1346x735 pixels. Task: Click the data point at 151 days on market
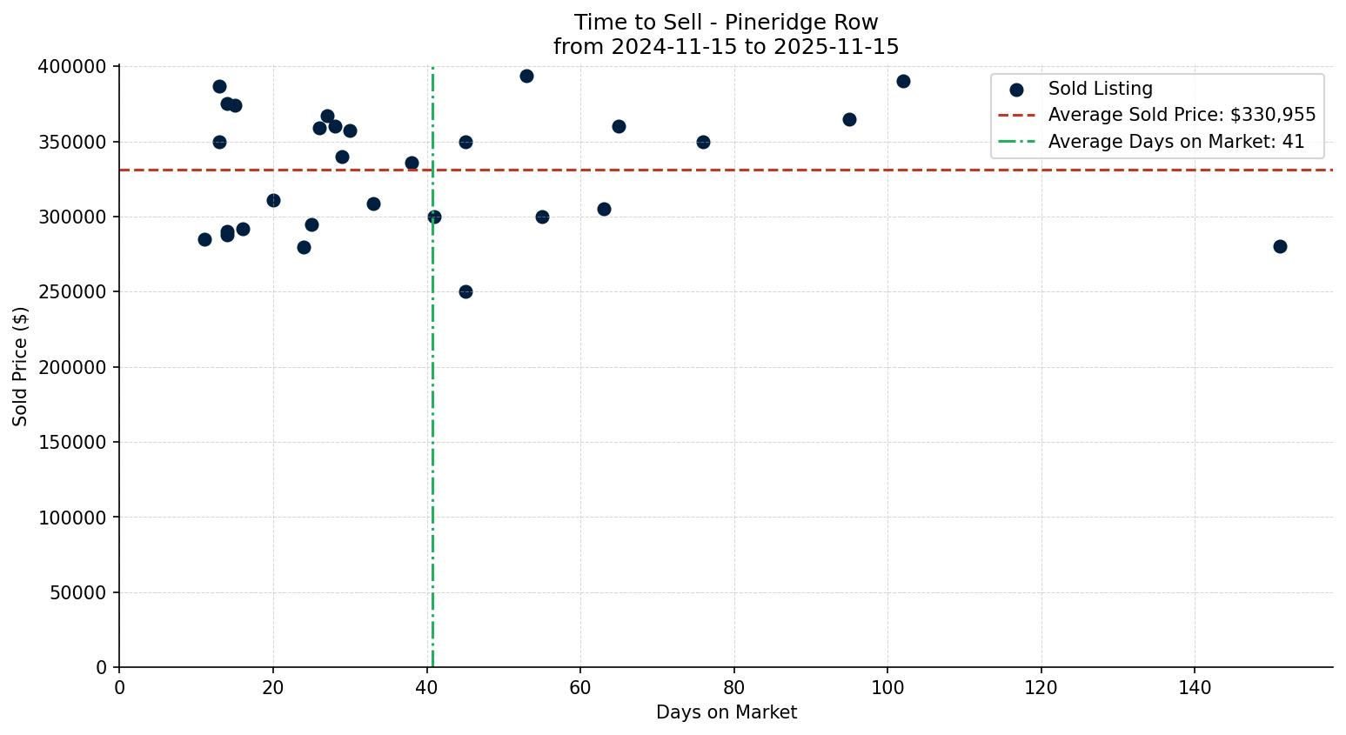1279,246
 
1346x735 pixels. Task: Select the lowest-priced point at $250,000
465,291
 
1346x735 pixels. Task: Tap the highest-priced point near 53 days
526,76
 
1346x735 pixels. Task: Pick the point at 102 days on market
903,81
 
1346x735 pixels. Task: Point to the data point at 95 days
849,119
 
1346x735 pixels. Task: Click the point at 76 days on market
703,142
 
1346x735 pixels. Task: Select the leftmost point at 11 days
204,239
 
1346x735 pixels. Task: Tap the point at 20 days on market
273,200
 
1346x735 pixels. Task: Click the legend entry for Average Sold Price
1182,115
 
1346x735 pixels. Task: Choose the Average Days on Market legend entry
1175,142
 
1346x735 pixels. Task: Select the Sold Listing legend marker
1016,90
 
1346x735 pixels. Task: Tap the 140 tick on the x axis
1194,688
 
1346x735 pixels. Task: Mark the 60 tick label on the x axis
580,688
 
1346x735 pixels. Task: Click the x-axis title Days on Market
726,712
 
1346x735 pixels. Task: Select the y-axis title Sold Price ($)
20,366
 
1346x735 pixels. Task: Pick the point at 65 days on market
619,126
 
